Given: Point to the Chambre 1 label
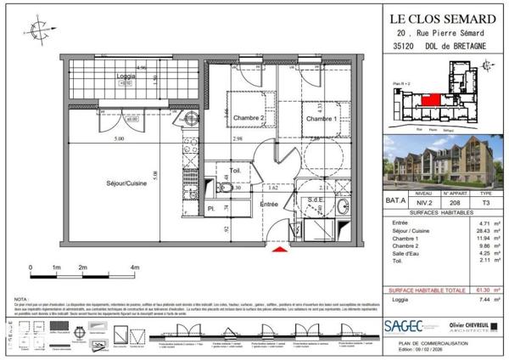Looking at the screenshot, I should click(x=322, y=119).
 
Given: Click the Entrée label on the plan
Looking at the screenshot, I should click(x=268, y=204).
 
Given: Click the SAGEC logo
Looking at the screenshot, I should click(x=406, y=325).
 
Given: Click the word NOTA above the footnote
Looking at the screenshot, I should click(x=20, y=300).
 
